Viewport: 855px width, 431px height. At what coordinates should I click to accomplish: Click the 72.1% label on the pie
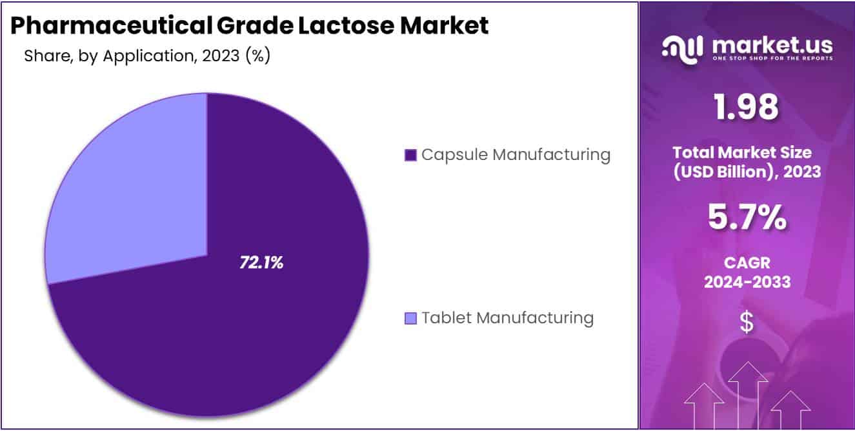(x=261, y=263)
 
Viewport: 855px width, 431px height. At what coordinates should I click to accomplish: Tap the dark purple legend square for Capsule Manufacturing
(x=410, y=155)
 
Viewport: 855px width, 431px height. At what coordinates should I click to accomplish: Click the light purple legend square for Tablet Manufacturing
(x=410, y=318)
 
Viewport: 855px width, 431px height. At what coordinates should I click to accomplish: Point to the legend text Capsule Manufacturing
(x=516, y=155)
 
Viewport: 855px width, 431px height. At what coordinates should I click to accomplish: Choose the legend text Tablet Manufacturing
(x=507, y=317)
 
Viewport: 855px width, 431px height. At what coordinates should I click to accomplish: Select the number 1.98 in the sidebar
(x=747, y=107)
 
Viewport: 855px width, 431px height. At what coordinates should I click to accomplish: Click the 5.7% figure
(x=747, y=218)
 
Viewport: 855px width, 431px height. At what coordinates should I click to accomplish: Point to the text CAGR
(x=747, y=263)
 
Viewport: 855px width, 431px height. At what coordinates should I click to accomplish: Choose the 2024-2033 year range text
(x=747, y=282)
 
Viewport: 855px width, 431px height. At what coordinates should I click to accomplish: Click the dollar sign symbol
(x=747, y=323)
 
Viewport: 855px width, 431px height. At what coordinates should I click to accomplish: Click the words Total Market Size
(x=747, y=153)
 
